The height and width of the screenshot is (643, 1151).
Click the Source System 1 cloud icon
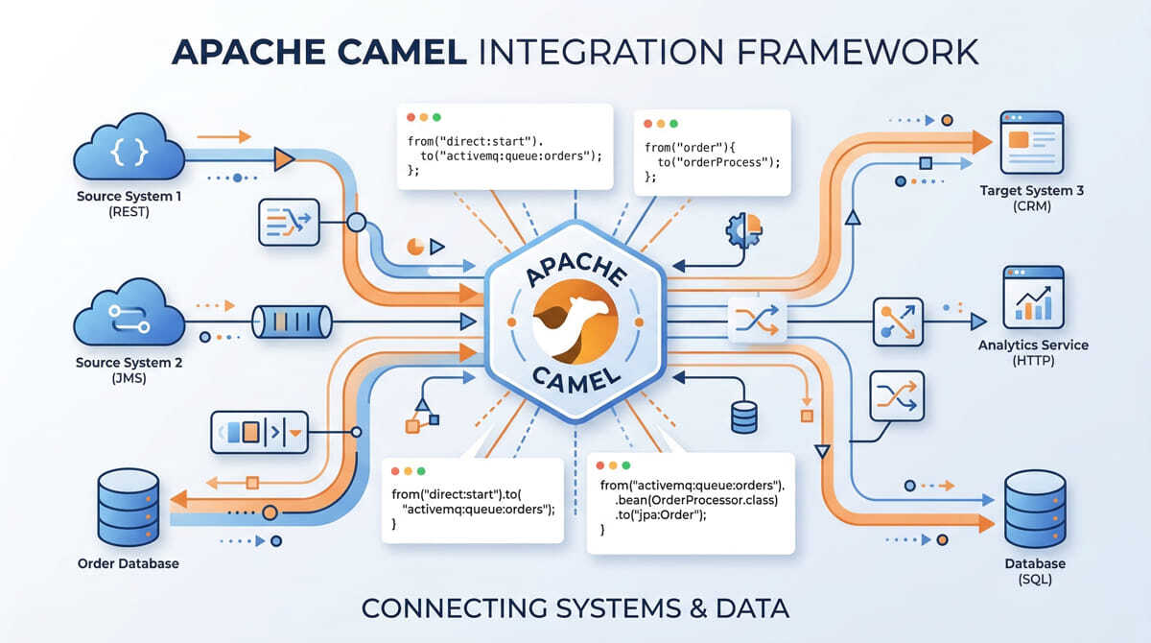pos(129,148)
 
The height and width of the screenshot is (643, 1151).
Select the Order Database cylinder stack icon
pos(128,508)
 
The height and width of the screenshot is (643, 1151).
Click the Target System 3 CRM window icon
pos(1031,143)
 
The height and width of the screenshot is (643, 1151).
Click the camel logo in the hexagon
pos(575,321)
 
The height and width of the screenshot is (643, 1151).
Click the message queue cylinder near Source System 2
pos(292,321)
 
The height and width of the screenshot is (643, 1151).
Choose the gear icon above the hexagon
pos(742,231)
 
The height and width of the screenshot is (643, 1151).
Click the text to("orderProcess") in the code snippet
pos(717,162)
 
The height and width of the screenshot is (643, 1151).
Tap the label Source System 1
pos(129,197)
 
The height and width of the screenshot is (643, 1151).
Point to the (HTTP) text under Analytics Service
pos(1033,361)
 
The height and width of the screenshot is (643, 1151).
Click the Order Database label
pos(128,563)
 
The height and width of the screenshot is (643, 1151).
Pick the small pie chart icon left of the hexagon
pos(416,247)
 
